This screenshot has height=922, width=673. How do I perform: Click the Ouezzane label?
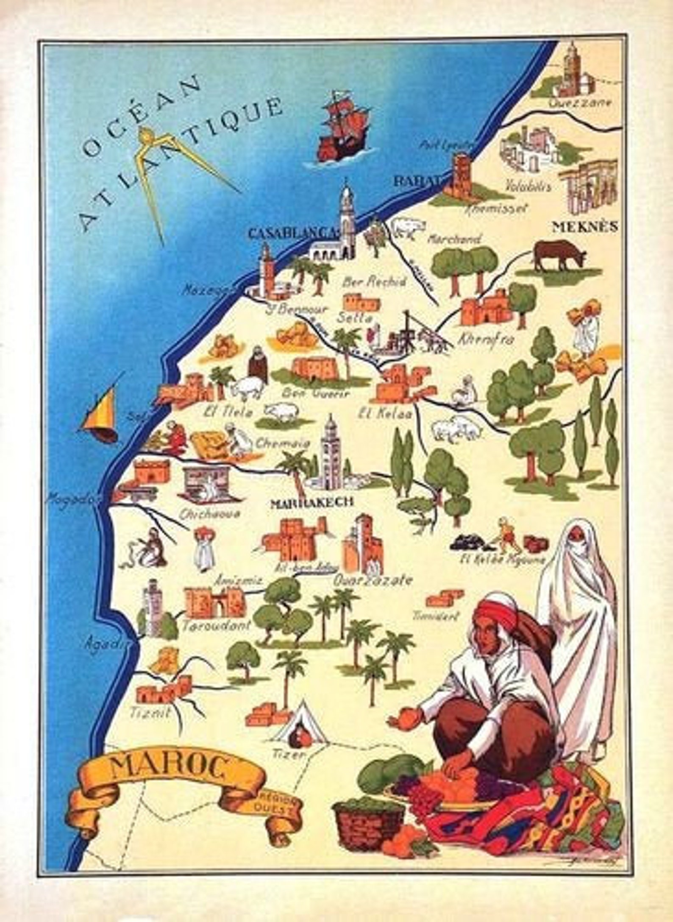point(580,103)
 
